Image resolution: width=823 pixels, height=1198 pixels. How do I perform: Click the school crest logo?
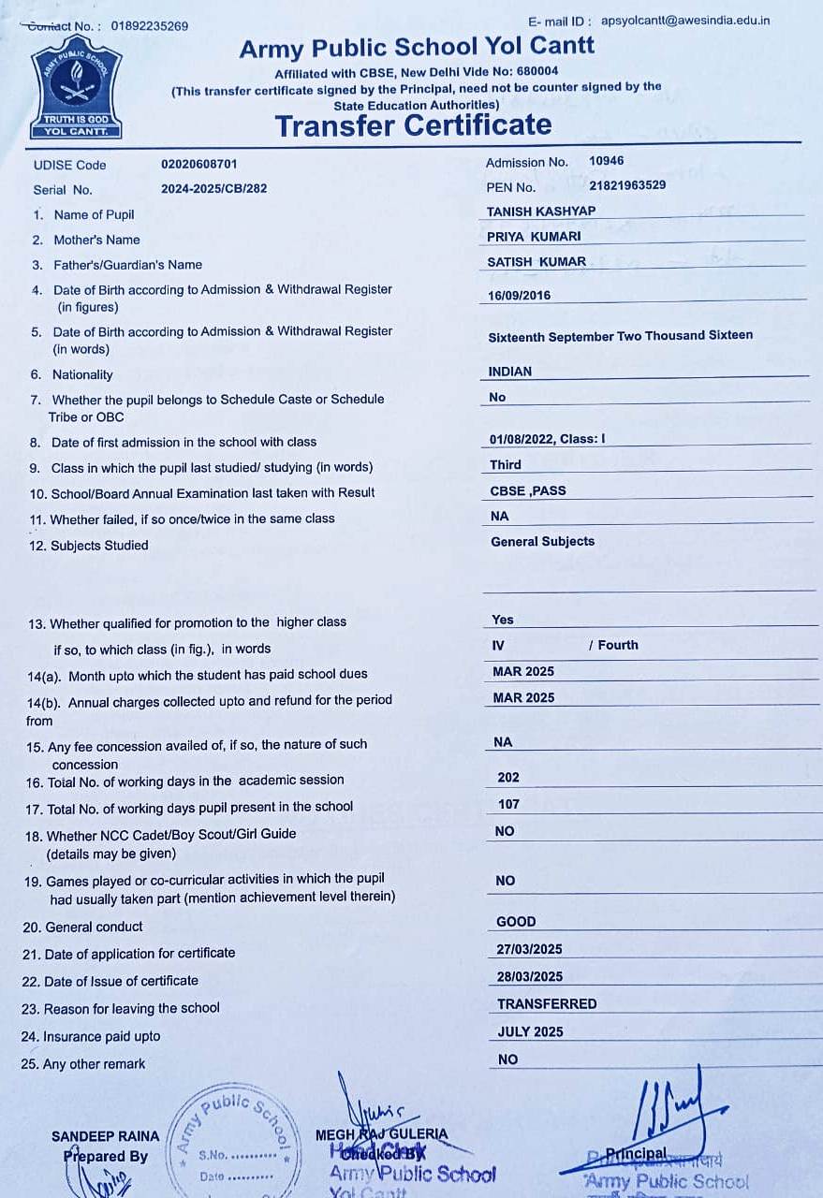77,91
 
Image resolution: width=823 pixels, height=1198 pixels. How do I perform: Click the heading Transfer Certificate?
413,125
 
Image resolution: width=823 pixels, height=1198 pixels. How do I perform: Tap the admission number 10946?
607,161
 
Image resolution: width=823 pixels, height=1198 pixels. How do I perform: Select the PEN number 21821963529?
627,185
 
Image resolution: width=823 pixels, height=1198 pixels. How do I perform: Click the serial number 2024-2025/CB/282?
213,188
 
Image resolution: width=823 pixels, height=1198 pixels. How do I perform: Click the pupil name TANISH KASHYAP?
541,212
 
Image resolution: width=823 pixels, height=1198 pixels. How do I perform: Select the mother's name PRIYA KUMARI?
534,237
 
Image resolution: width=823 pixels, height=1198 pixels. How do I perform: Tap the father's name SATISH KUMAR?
536,262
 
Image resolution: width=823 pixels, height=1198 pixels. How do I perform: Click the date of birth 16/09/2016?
520,296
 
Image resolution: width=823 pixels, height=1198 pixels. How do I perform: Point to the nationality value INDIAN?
510,372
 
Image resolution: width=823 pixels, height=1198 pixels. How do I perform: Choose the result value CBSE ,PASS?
528,490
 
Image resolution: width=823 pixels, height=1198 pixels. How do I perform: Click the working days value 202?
508,777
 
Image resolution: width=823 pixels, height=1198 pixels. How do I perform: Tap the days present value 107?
508,804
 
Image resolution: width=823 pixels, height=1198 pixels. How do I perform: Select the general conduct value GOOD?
516,922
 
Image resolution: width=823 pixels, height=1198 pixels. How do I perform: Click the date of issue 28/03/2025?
529,976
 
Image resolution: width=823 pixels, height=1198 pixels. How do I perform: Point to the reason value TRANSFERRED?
547,1003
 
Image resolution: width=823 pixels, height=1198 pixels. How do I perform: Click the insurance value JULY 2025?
530,1031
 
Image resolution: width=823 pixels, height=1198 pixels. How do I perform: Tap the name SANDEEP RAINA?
106,1136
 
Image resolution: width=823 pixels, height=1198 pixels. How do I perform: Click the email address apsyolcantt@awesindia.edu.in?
685,20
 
